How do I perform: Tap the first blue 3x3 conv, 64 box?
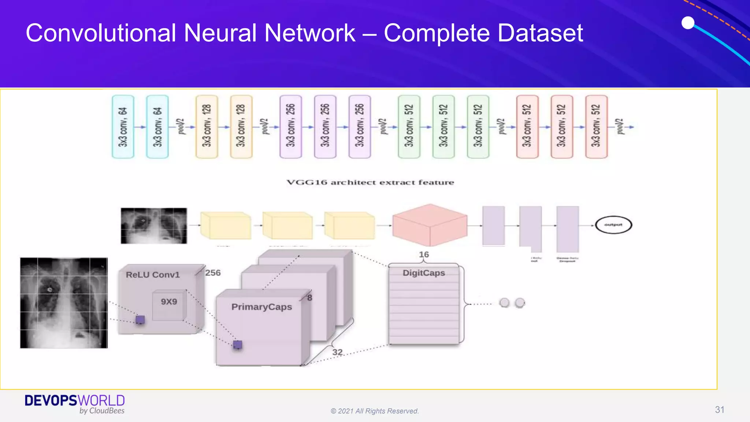tap(123, 127)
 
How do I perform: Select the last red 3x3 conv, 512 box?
tap(596, 127)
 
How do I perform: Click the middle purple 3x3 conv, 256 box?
tap(325, 127)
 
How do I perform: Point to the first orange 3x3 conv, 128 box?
tap(207, 127)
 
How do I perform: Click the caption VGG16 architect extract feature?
tap(370, 182)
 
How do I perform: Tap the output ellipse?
tap(613, 225)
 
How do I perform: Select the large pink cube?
tap(430, 225)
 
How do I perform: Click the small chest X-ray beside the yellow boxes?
tap(154, 226)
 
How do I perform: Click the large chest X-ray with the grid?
tap(64, 303)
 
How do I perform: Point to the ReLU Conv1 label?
tap(153, 275)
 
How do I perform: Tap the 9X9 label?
tap(169, 302)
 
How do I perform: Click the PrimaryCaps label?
tap(261, 307)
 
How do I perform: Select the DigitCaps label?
tap(424, 273)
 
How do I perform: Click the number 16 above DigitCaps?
tap(424, 255)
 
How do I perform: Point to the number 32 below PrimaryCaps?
tap(337, 352)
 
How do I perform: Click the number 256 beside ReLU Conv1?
tap(213, 273)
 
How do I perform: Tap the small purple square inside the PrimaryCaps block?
tap(237, 345)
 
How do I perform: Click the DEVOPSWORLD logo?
tap(75, 404)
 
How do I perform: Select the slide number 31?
tap(719, 410)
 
